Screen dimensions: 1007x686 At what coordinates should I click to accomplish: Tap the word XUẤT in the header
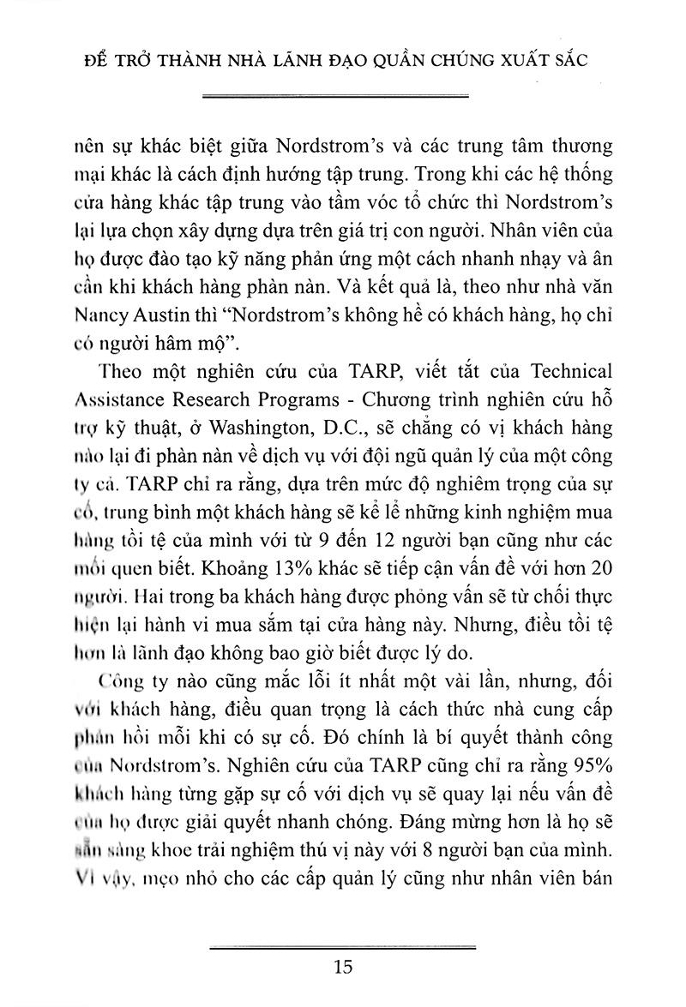click(511, 63)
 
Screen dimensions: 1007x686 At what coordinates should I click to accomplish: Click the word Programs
click(289, 399)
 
